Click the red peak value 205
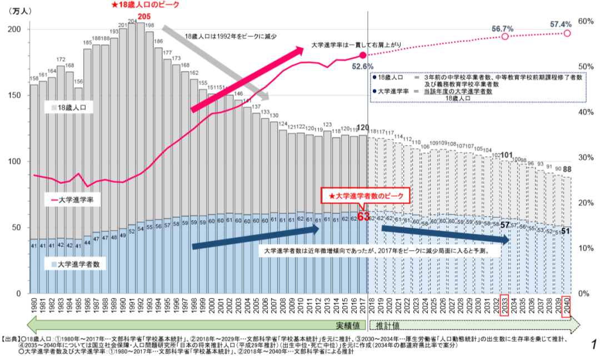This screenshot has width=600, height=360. click(x=144, y=16)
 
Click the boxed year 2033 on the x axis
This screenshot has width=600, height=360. click(x=504, y=306)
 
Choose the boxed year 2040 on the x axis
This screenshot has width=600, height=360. click(x=566, y=306)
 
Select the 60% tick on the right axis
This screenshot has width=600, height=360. click(x=586, y=21)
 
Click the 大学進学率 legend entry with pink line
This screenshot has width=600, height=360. click(x=75, y=199)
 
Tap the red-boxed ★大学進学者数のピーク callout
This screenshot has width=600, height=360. click(x=367, y=196)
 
